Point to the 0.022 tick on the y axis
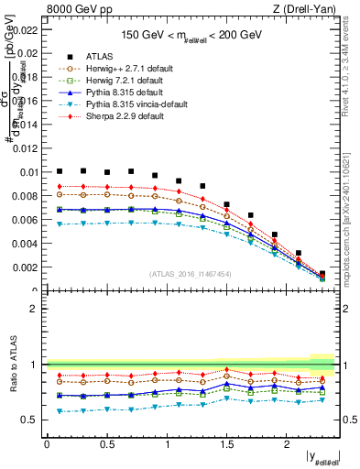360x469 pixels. pos(26,29)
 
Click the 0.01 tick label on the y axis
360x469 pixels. pos(28,172)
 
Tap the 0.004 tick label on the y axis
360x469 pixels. pos(26,244)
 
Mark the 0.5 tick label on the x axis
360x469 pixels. pos(106,444)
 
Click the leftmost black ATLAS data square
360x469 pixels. pos(60,171)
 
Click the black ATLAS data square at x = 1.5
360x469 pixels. pos(227,204)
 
